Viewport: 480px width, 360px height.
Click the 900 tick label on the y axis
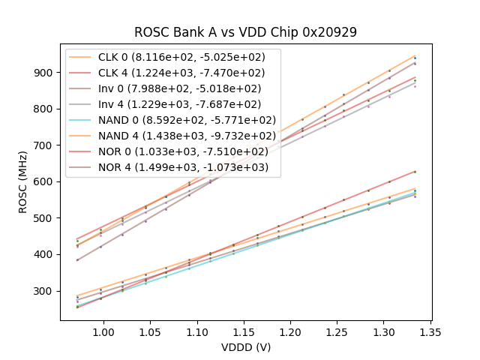pyautogui.click(x=45, y=73)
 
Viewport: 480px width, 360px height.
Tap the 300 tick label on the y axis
pyautogui.click(x=45, y=291)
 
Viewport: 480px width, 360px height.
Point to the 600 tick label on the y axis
pyautogui.click(x=45, y=181)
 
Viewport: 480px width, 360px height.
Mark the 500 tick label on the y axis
pyautogui.click(x=45, y=218)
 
